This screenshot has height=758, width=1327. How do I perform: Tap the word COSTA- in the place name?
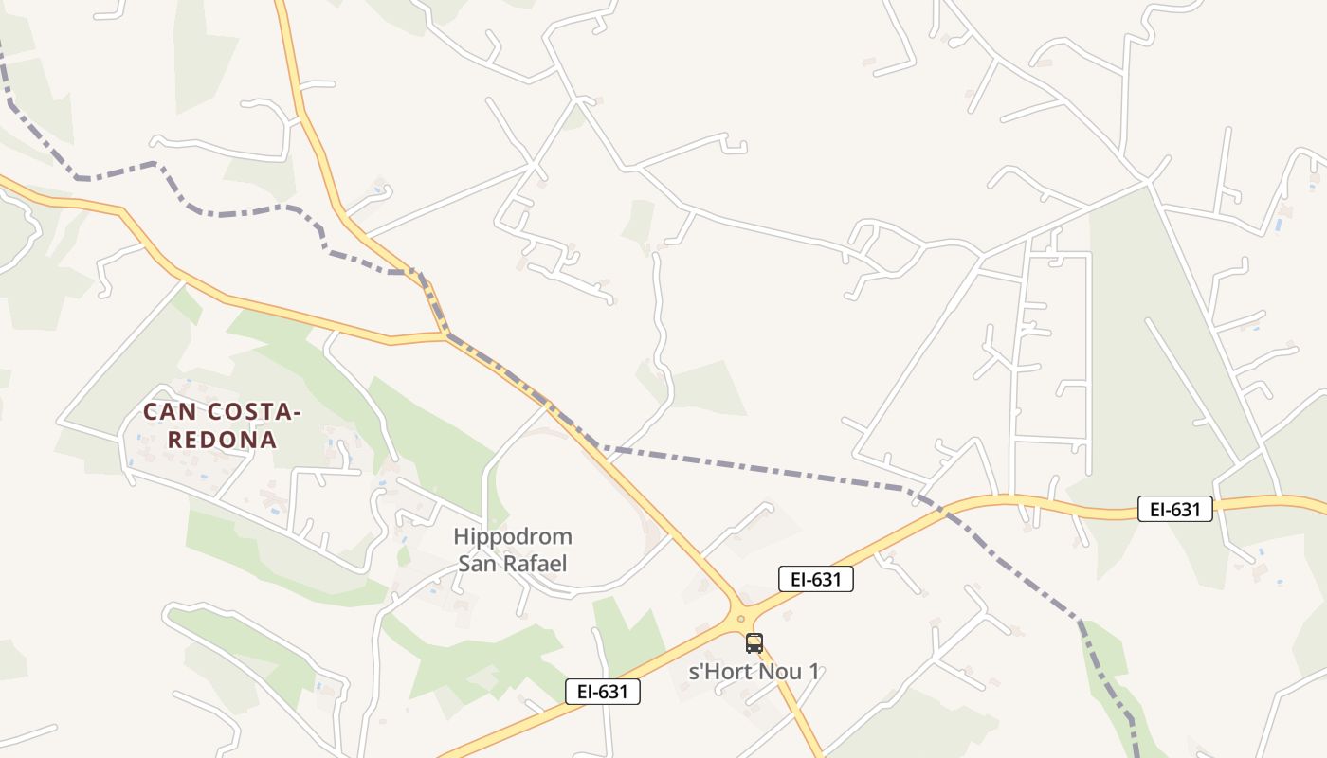click(249, 412)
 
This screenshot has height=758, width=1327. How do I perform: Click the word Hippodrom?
click(512, 537)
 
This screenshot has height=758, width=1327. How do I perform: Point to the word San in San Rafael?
click(477, 564)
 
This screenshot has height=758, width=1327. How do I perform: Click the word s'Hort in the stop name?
click(716, 672)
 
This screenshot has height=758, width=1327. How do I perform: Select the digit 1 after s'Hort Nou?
click(813, 672)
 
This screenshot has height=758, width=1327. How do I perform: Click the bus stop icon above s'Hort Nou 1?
click(754, 643)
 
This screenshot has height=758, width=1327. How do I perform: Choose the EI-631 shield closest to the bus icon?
click(815, 579)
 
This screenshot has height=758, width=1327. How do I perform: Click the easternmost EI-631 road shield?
click(1175, 510)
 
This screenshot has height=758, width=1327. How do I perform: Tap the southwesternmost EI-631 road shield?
click(603, 692)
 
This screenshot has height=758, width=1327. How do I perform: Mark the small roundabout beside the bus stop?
click(740, 618)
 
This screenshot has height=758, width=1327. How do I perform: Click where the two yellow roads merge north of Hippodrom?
click(445, 335)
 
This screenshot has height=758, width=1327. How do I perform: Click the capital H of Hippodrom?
click(462, 537)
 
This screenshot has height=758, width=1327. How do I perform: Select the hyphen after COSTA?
click(296, 413)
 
